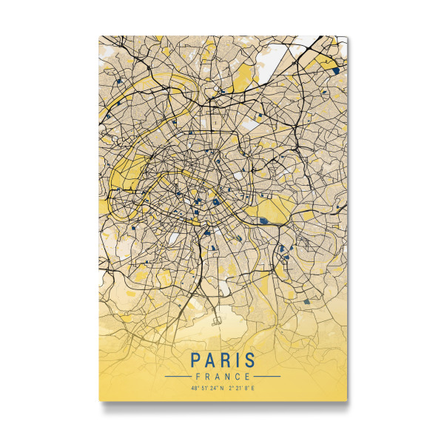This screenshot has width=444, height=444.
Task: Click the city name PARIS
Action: coord(223,360)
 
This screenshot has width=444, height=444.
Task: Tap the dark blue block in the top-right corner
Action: coord(336,70)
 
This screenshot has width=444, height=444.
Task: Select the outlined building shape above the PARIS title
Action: coord(218,321)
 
